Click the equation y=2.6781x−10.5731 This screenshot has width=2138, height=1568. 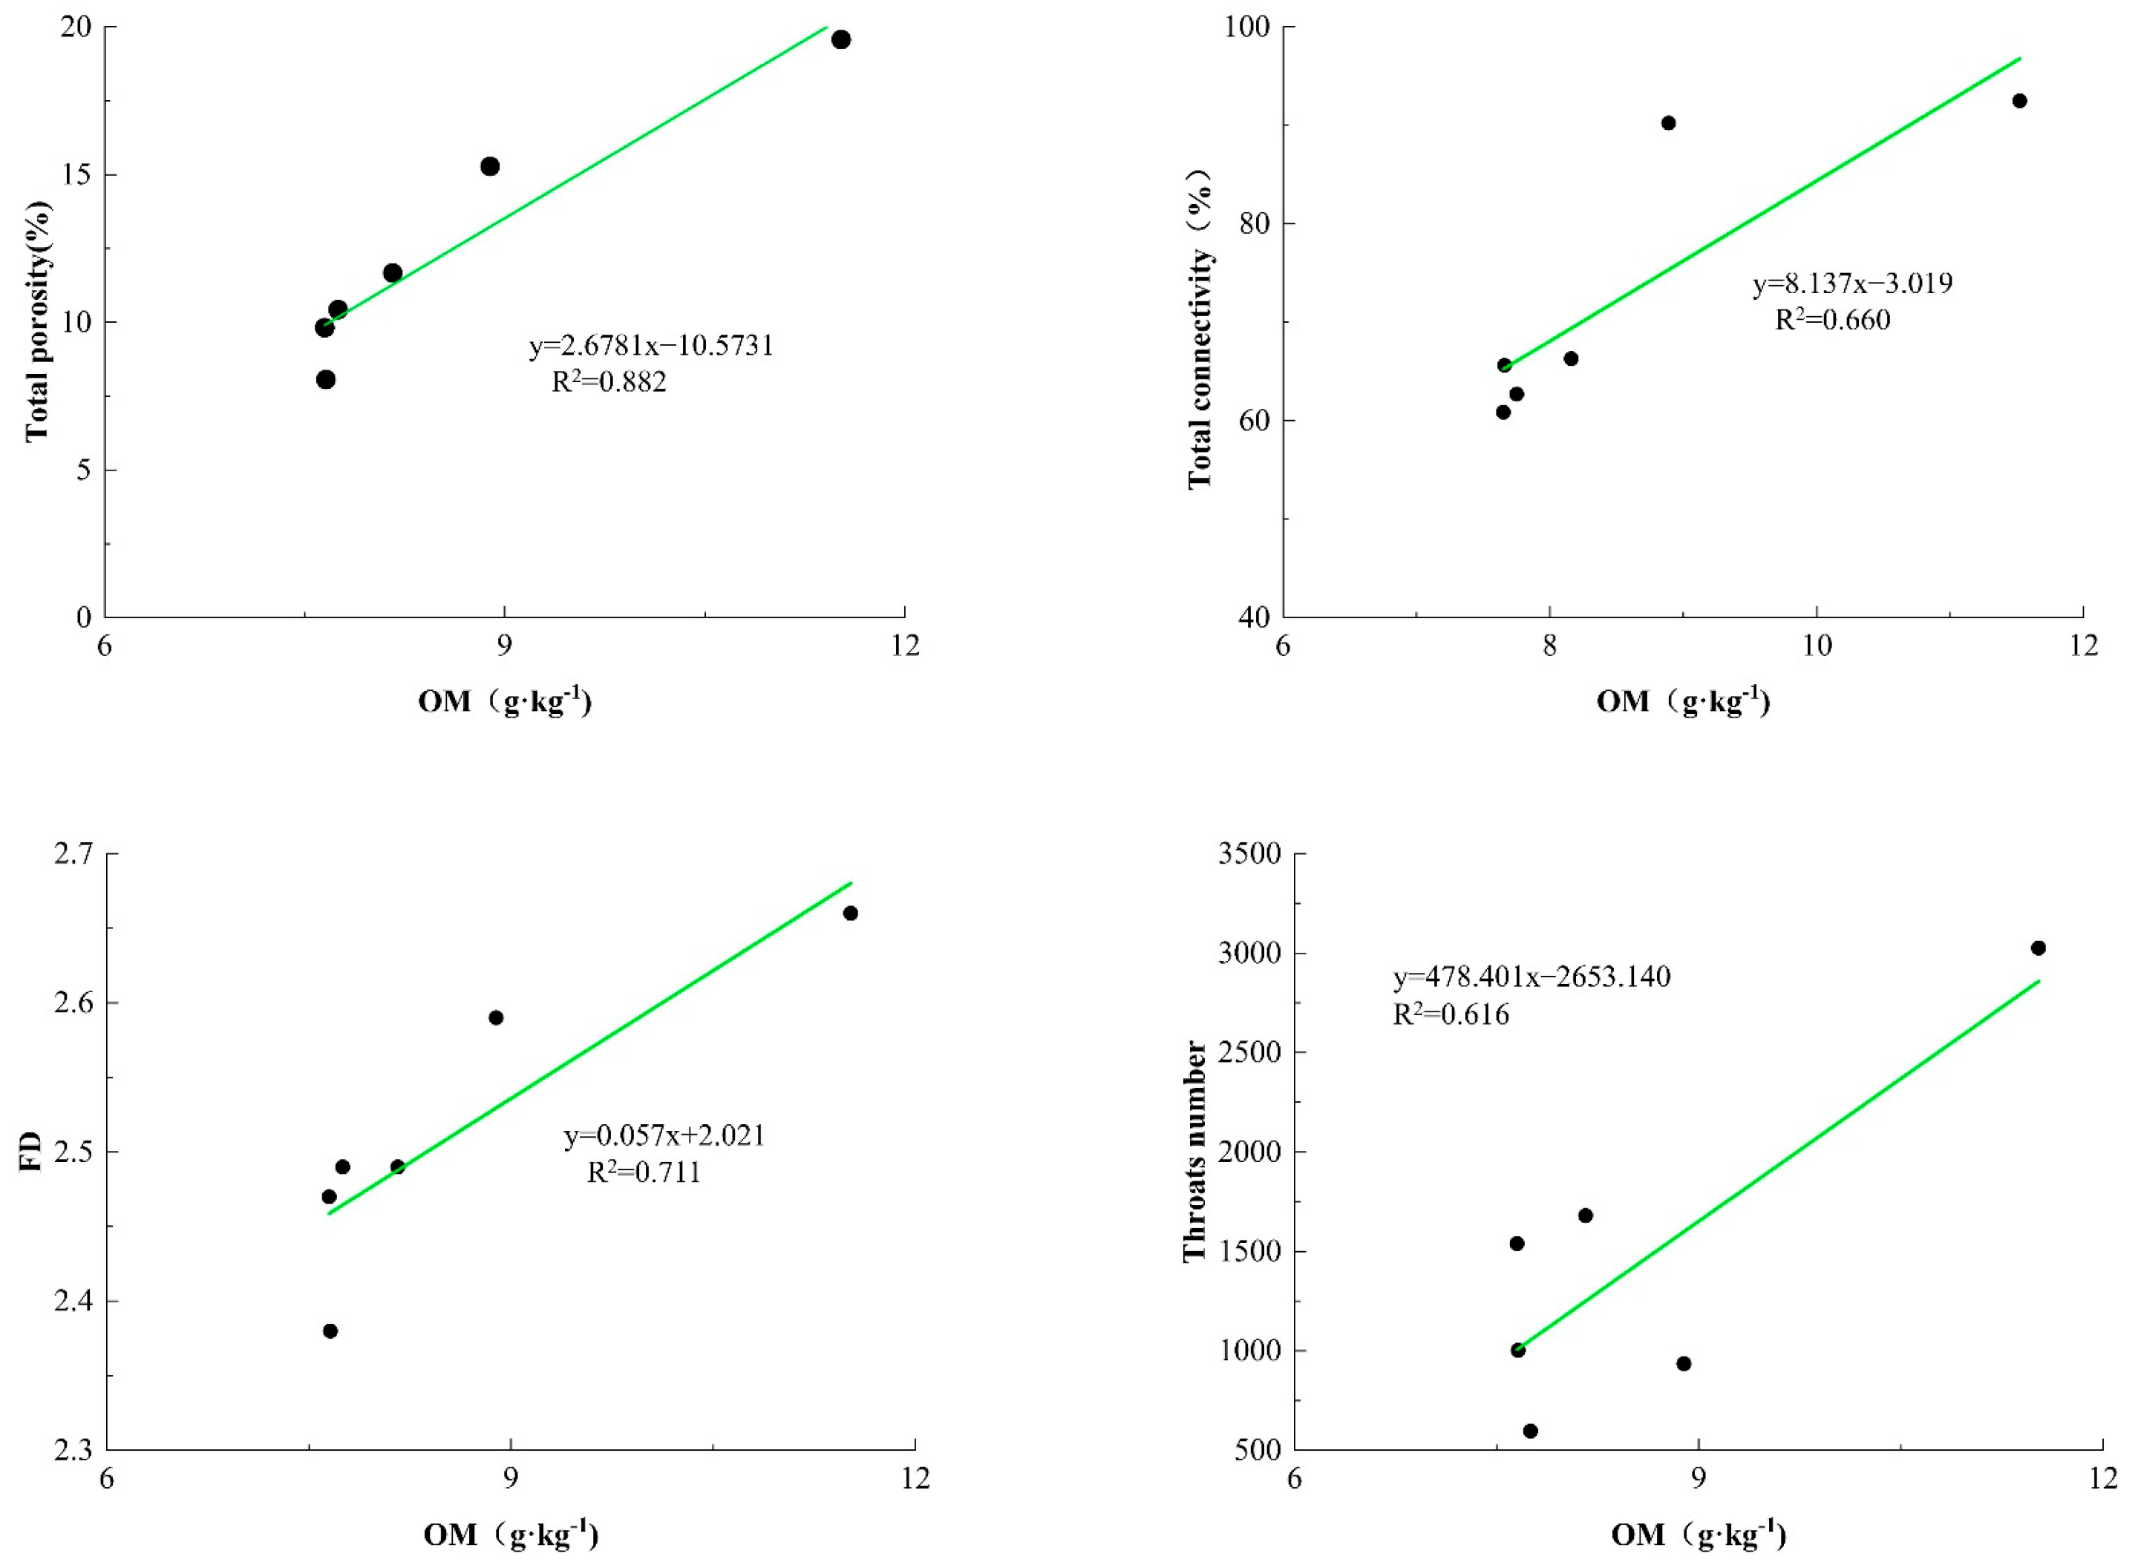click(651, 346)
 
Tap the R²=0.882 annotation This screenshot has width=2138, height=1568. click(609, 381)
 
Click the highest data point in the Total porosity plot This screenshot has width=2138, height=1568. click(840, 40)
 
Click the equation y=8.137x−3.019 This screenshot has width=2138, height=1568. click(1852, 283)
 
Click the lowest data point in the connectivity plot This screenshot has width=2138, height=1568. click(1503, 412)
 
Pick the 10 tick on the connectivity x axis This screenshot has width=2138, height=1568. click(1816, 646)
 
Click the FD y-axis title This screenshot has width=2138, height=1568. click(31, 1151)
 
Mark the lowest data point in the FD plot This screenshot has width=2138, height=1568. click(330, 1331)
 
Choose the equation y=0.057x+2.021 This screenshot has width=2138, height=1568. click(664, 1135)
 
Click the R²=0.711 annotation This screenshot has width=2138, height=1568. click(644, 1173)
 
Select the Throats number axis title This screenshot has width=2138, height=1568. click(1194, 1151)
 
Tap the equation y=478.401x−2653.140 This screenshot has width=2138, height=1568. click(1531, 977)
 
